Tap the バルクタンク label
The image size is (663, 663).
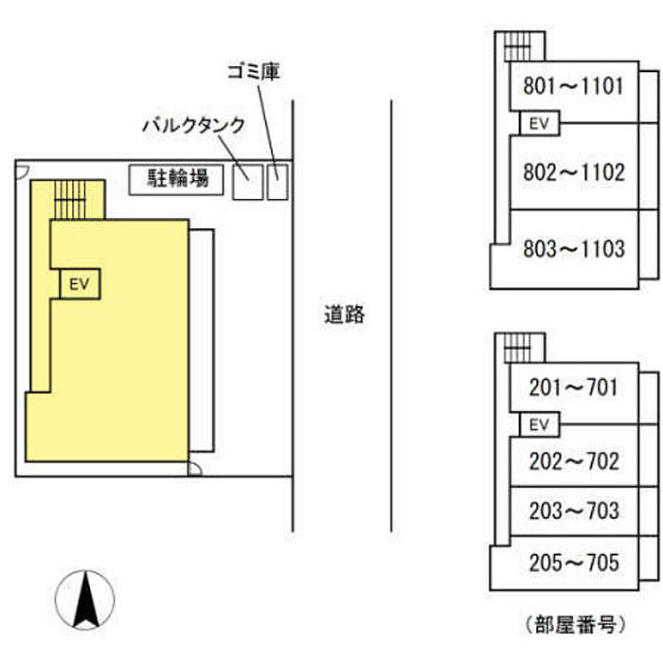(x=194, y=125)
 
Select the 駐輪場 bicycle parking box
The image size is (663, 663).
(x=177, y=178)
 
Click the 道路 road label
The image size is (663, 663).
(x=344, y=315)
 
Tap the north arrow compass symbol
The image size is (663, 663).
(x=86, y=600)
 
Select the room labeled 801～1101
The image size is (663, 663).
(x=573, y=88)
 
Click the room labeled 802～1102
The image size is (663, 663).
(x=573, y=172)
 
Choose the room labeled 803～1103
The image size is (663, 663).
(x=573, y=249)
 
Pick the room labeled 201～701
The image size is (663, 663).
(x=573, y=387)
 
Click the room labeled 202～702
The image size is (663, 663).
(x=573, y=461)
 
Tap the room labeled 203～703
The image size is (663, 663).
(x=573, y=511)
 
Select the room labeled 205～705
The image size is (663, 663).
(x=573, y=564)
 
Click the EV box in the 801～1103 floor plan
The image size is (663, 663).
(x=539, y=123)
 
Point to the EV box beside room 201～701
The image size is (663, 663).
(x=539, y=423)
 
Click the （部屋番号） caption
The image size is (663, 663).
(x=575, y=624)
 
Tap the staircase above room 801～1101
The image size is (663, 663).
(x=518, y=45)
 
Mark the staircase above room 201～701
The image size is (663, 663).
(x=518, y=348)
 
